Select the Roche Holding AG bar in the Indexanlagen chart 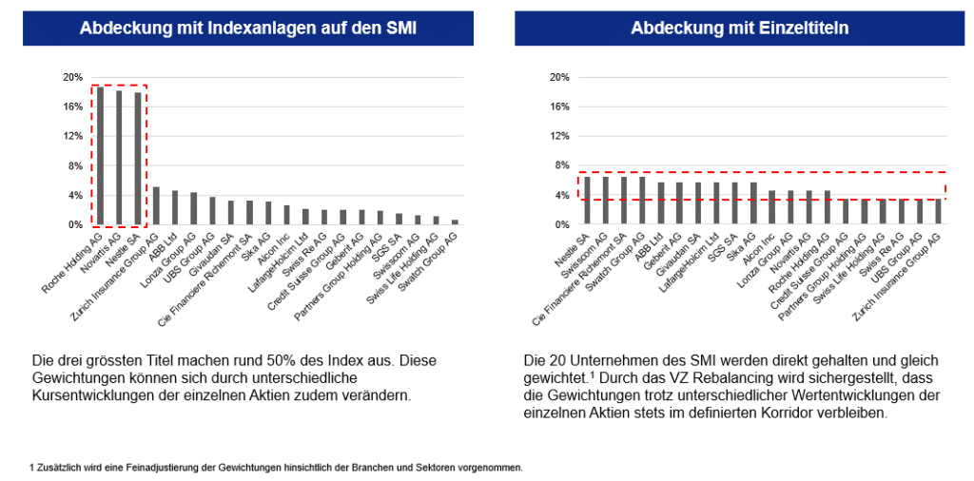[100, 156]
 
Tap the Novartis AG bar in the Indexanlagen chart [119, 158]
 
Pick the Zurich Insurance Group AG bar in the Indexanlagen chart [156, 206]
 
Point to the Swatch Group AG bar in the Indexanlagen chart [454, 222]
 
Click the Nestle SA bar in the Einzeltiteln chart [587, 201]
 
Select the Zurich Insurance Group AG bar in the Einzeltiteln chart [938, 212]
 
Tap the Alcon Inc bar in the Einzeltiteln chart [771, 208]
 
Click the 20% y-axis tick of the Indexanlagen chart [72, 77]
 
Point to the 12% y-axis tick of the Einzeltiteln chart [559, 136]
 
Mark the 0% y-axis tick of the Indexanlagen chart [74, 225]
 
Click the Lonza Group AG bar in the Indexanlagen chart [193, 209]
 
